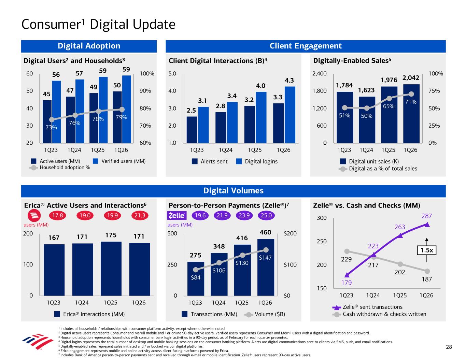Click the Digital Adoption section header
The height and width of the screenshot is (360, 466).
(x=89, y=46)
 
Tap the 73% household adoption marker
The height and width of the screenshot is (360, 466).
(x=52, y=119)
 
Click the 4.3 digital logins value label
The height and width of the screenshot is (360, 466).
(x=289, y=81)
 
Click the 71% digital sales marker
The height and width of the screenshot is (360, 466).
(x=411, y=94)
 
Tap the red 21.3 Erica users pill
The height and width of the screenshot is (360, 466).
(x=140, y=216)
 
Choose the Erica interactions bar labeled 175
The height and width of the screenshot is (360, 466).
(x=111, y=269)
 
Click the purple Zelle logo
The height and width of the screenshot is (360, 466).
(x=177, y=216)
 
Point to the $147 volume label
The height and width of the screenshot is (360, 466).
(x=265, y=258)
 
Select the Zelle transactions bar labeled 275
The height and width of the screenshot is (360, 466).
(x=196, y=278)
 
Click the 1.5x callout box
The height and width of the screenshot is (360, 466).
(x=427, y=250)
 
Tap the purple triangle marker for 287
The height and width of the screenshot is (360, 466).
(x=427, y=224)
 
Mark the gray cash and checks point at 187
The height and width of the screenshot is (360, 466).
(x=427, y=271)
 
